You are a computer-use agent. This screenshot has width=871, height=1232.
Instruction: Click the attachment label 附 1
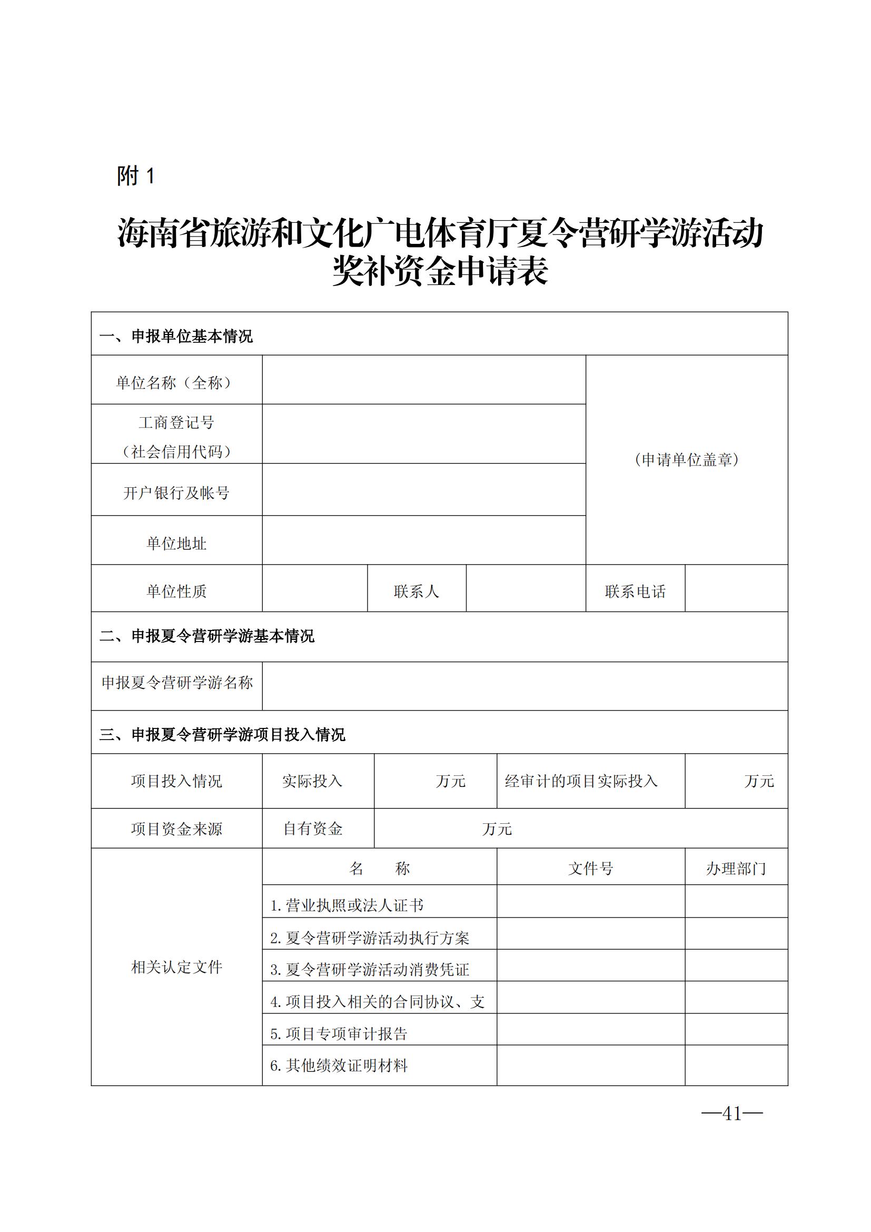(136, 175)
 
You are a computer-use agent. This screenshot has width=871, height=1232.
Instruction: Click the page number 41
(731, 1113)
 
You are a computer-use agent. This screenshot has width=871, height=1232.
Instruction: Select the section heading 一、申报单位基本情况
(176, 337)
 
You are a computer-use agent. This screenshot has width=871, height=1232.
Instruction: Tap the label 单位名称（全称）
(176, 382)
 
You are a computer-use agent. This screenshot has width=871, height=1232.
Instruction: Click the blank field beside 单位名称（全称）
(424, 380)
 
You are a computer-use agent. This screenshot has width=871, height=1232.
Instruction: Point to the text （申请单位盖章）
(687, 460)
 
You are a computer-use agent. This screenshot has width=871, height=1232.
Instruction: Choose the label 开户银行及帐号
(176, 492)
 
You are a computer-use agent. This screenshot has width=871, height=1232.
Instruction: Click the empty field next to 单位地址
(424, 540)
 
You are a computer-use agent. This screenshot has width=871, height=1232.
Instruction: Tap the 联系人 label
(416, 592)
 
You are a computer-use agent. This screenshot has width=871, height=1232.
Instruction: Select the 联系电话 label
(635, 592)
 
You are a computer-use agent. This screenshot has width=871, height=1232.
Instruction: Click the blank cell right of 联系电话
(736, 589)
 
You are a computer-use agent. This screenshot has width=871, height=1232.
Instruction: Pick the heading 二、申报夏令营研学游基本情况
(207, 636)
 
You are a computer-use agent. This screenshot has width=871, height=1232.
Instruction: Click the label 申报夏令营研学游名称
(177, 683)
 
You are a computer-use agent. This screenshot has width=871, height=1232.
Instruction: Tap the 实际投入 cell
(312, 781)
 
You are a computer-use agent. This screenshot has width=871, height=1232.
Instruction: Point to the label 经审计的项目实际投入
(581, 781)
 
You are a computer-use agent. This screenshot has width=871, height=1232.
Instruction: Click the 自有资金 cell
(313, 829)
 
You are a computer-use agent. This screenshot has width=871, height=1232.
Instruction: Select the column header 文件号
(590, 868)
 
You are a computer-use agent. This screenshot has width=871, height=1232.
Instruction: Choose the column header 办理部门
(736, 868)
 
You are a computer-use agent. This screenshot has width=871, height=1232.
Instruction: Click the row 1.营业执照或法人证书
(347, 906)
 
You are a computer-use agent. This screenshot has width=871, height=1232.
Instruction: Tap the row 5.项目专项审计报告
(339, 1034)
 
